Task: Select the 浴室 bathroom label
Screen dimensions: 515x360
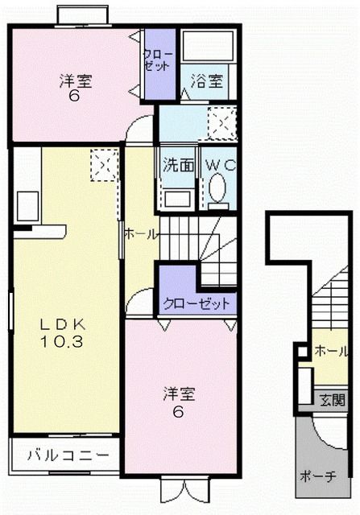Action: (207, 81)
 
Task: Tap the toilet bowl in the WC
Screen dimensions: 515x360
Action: (217, 190)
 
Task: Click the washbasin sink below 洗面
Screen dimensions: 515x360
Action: (177, 197)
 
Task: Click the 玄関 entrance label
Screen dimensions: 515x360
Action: (331, 400)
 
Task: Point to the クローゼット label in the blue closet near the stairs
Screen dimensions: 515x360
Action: (197, 304)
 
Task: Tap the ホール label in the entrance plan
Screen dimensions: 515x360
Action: (331, 351)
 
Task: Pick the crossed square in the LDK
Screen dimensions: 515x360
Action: (104, 165)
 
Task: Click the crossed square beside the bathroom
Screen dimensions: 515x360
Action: (220, 122)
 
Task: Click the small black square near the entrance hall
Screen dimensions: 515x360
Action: (301, 350)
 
